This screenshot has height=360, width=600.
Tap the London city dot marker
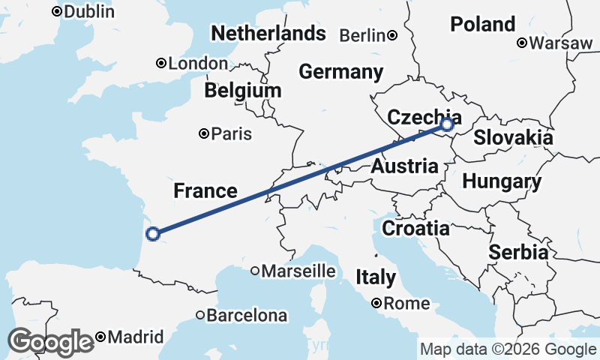pyautogui.click(x=160, y=64)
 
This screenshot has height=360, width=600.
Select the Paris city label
pyautogui.click(x=231, y=134)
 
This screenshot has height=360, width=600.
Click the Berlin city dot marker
pyautogui.click(x=392, y=35)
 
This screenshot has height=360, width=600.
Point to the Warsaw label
pyautogui.click(x=560, y=43)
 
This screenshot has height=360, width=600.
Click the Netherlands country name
pyautogui.click(x=268, y=33)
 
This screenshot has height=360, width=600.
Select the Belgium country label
pyautogui.click(x=243, y=91)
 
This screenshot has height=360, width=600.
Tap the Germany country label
pyautogui.click(x=340, y=72)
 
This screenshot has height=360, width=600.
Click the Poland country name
pyautogui.click(x=482, y=24)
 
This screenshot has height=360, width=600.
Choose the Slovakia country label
pyautogui.click(x=513, y=138)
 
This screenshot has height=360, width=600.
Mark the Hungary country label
pyautogui.click(x=502, y=181)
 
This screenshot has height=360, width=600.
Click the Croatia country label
pyautogui.click(x=415, y=228)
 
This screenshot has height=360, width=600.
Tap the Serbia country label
pyautogui.click(x=518, y=253)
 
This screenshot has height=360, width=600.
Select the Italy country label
pyautogui.click(x=376, y=277)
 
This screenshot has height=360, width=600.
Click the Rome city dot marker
pyautogui.click(x=376, y=304)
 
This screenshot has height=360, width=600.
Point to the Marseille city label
pyautogui.click(x=298, y=271)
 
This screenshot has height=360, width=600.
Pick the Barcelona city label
pyautogui.click(x=247, y=316)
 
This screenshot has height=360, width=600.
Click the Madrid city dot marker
pyautogui.click(x=100, y=337)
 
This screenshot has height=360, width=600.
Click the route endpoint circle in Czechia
pyautogui.click(x=448, y=124)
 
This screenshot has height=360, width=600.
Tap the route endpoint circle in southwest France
pyautogui.click(x=153, y=234)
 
